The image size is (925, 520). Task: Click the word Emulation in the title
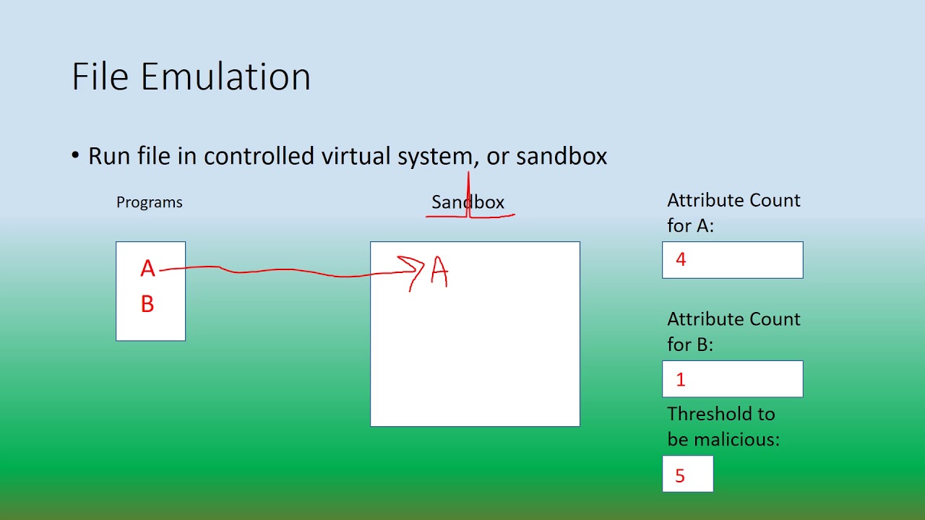225,77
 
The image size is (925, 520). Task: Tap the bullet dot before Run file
76,156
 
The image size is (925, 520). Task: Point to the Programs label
149,202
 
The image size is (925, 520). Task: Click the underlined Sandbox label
468,202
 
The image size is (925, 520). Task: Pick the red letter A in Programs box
147,269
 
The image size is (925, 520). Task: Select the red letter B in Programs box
147,305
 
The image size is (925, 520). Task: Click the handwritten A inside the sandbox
439,273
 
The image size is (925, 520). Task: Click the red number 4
681,260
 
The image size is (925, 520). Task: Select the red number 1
681,380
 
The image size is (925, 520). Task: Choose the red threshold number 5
679,476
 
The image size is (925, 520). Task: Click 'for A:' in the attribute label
690,225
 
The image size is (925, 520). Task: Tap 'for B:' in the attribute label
690,344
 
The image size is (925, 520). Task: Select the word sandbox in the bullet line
562,156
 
